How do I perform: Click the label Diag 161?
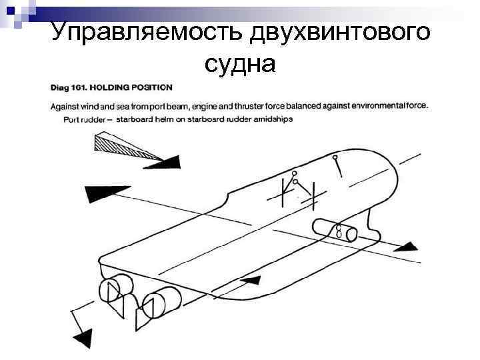[x=69, y=87]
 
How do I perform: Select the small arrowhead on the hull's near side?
[x=248, y=281]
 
